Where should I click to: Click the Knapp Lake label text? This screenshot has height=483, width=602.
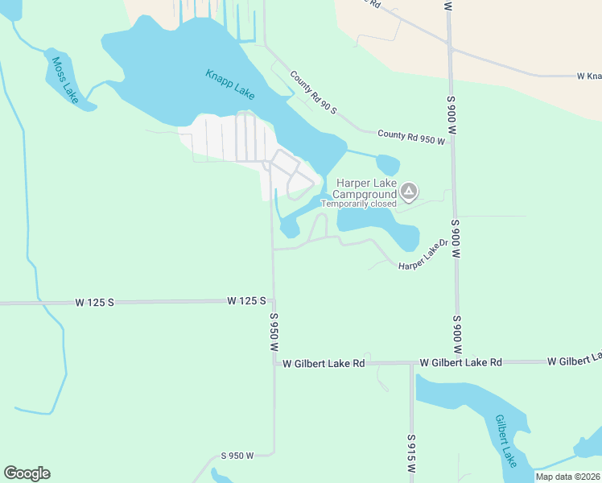[229, 81]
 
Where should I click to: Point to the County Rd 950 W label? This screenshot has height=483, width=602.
[410, 138]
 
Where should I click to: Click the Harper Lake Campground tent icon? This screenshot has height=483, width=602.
[409, 191]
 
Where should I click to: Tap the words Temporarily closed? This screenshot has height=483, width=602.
[359, 204]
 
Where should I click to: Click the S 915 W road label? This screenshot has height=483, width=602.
[410, 456]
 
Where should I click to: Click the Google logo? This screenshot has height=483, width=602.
[27, 473]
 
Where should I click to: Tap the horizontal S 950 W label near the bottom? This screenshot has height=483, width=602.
[237, 456]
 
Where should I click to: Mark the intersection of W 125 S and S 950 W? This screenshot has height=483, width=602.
[273, 301]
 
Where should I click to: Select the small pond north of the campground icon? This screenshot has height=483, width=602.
[387, 164]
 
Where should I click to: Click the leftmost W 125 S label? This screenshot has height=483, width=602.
[95, 302]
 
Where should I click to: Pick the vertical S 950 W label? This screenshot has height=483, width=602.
[274, 332]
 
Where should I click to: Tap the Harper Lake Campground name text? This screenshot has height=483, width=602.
[367, 188]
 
